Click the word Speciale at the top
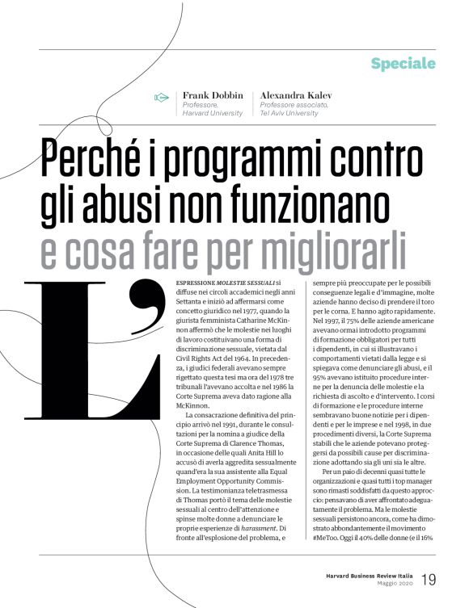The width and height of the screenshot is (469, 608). click(403, 63)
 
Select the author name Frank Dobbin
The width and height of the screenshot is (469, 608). click(212, 95)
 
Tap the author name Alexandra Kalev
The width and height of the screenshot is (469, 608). click(298, 95)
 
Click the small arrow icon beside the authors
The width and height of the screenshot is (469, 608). click(161, 98)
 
